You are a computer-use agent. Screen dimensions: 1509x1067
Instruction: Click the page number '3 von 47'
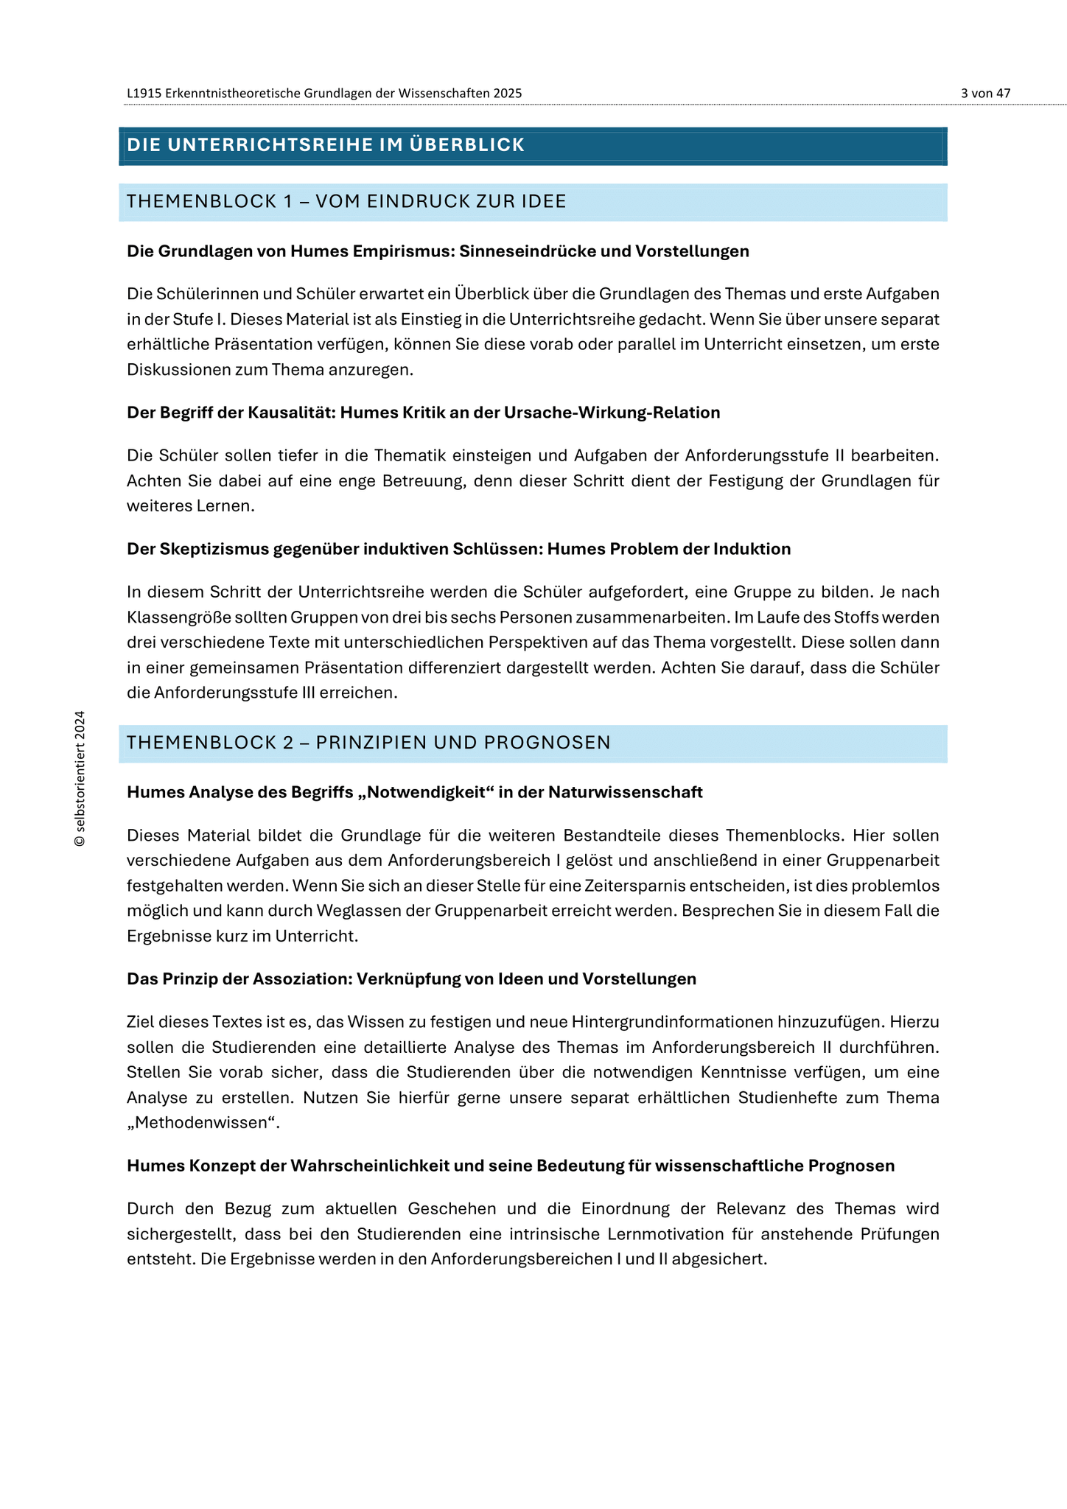[x=985, y=93]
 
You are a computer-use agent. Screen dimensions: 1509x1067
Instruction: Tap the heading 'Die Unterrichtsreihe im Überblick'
[x=326, y=145]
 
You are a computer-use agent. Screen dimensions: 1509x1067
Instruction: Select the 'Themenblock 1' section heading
[x=346, y=202]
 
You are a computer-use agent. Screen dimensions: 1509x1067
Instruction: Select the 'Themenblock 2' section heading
[x=368, y=743]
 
